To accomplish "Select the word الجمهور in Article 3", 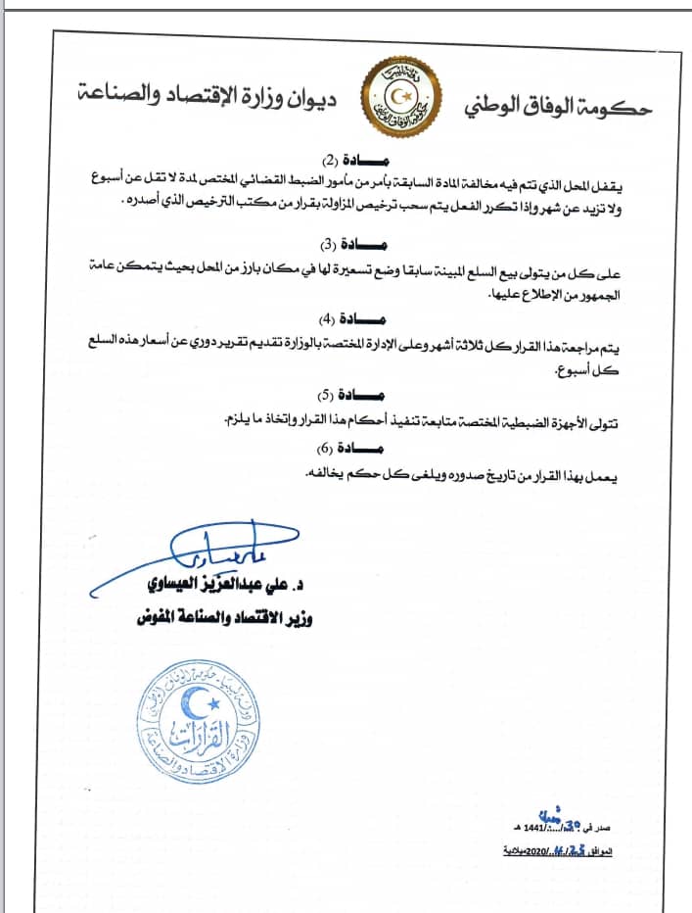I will point(624,290).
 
